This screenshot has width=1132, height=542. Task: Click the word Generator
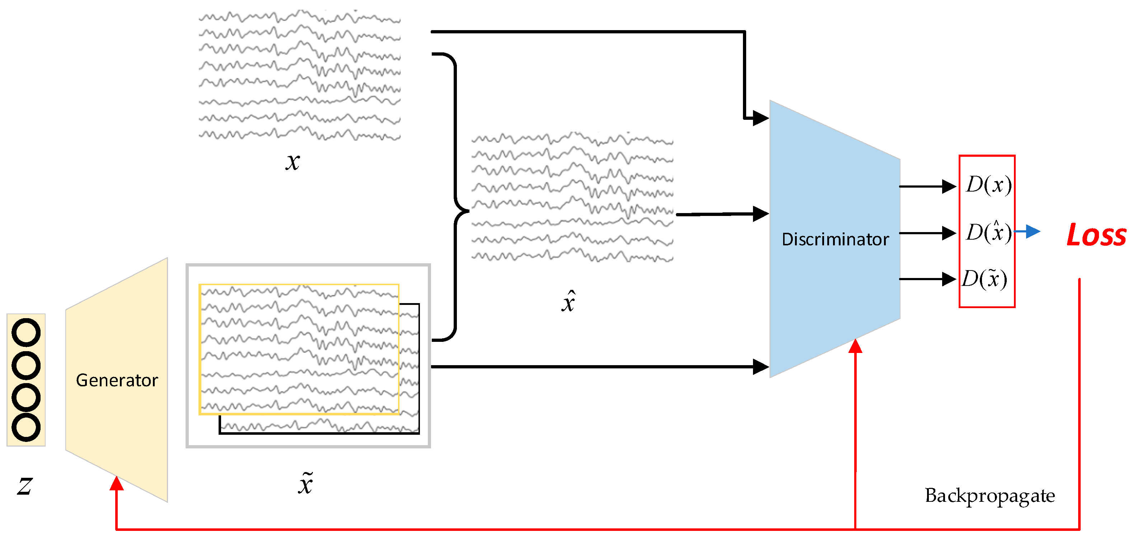point(117,380)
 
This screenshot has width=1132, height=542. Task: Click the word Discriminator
point(835,239)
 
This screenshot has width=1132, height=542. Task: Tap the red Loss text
point(1096,235)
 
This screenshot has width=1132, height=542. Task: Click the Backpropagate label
point(990,496)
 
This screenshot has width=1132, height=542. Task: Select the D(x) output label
point(988,184)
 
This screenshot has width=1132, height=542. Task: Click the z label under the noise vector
point(25,485)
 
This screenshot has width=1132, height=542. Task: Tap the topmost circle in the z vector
point(26,333)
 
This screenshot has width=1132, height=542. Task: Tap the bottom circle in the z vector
point(26,427)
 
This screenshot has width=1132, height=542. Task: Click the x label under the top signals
point(293,162)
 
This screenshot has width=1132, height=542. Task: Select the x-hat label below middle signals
point(568,302)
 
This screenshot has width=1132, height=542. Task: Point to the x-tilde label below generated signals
point(305,484)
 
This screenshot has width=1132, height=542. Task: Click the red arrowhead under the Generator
point(116,483)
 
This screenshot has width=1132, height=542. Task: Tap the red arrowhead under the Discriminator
point(855,346)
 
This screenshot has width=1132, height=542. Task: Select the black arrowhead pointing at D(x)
point(949,186)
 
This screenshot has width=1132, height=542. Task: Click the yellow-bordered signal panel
point(299,349)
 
